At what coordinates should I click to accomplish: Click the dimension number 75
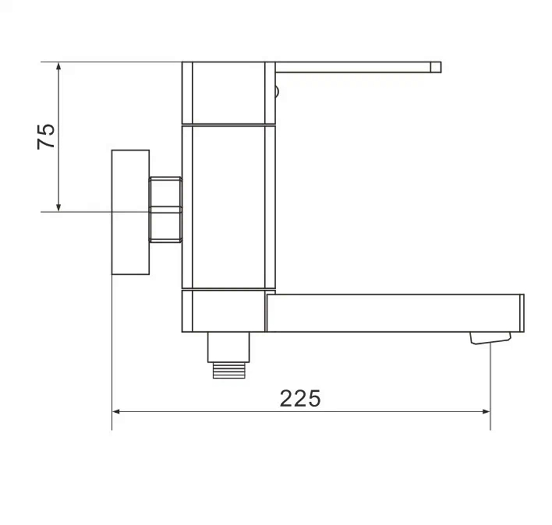47,136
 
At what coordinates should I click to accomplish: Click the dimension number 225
300,398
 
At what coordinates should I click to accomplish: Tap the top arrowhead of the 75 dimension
59,67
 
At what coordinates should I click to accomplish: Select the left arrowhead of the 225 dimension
117,411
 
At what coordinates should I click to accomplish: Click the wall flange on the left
130,212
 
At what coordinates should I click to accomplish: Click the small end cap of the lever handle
436,67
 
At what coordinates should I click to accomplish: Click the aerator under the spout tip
490,338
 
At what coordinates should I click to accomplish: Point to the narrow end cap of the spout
521,313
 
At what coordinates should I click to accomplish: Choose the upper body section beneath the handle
228,93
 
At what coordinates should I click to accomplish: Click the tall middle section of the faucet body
228,207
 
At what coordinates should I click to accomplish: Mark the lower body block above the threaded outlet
223,312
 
